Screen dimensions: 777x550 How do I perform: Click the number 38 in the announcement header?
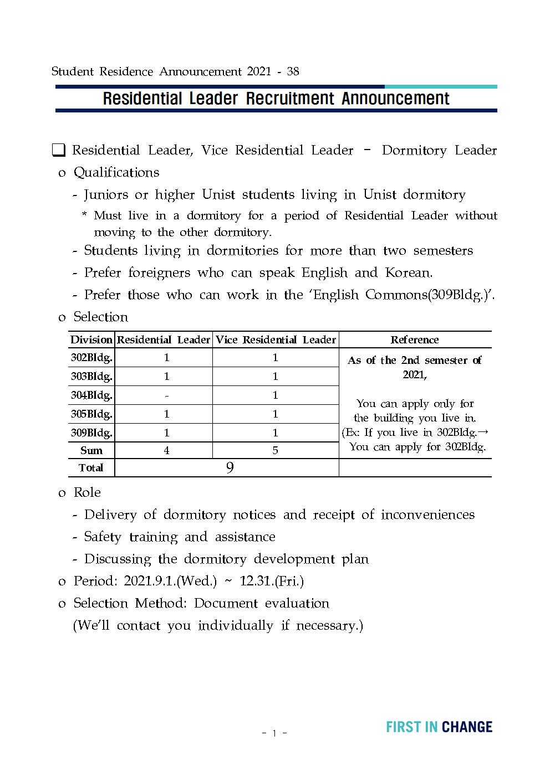click(x=293, y=71)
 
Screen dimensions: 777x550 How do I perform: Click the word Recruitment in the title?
click(x=290, y=99)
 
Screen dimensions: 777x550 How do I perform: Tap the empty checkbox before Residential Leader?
click(x=59, y=150)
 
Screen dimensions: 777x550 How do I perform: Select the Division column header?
click(x=91, y=339)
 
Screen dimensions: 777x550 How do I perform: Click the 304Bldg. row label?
click(x=91, y=395)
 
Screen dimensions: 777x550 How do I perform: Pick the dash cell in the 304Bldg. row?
click(x=166, y=395)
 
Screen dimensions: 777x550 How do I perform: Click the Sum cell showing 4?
click(x=166, y=450)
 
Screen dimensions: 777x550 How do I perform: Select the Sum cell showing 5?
click(x=275, y=450)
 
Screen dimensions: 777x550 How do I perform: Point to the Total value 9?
click(x=230, y=468)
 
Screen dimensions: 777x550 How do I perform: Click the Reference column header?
click(x=415, y=339)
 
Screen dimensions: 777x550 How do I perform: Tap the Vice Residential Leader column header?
click(x=276, y=339)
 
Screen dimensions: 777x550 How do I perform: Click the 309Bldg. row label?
click(x=91, y=433)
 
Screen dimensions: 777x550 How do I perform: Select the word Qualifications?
click(x=116, y=172)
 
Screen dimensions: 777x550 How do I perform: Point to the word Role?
click(x=87, y=492)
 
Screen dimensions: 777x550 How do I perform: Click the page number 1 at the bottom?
click(x=274, y=734)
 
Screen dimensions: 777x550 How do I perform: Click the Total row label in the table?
click(x=91, y=468)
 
